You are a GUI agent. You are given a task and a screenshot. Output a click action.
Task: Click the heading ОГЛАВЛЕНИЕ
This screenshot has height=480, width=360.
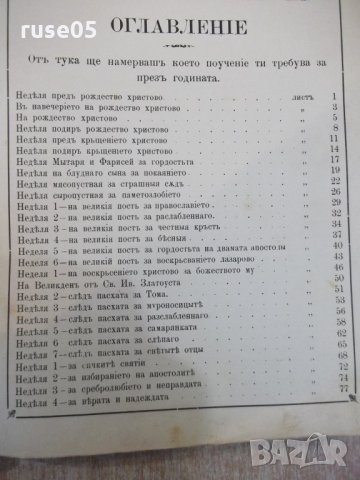pos(179,49)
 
